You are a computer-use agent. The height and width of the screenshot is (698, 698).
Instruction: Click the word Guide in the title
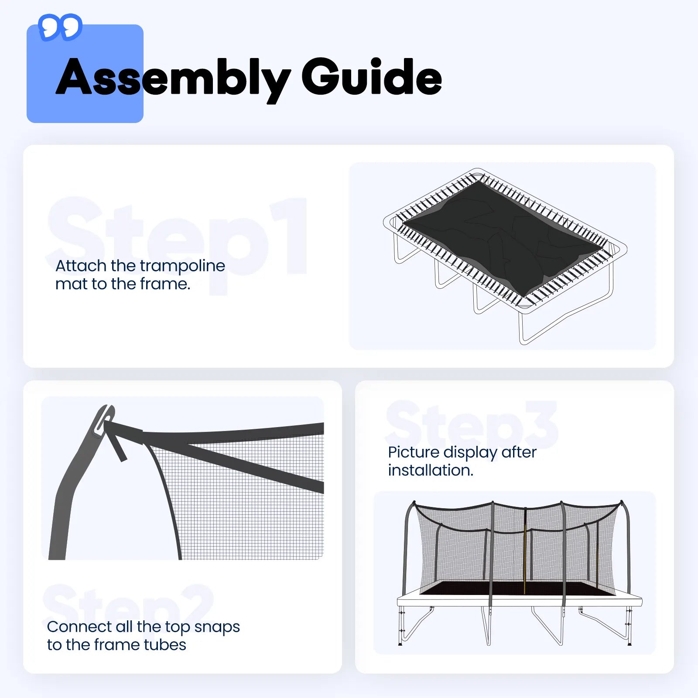[x=371, y=77]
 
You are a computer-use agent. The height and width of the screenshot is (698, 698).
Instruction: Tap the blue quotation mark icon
[x=60, y=27]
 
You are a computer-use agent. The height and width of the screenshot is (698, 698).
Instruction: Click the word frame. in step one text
[x=165, y=284]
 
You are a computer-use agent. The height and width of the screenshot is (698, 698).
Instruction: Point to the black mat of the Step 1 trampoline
[x=502, y=236]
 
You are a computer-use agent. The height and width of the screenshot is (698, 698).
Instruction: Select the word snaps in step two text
[x=217, y=627]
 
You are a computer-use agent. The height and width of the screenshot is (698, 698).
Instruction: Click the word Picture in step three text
[x=413, y=452]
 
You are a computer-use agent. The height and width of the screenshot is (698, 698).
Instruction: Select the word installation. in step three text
[x=430, y=470]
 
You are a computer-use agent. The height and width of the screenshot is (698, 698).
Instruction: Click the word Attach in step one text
[x=81, y=266]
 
